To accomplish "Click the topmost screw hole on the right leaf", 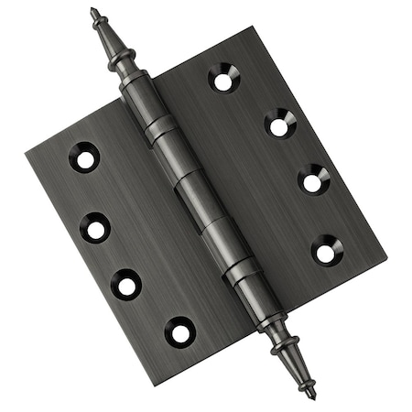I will tap(223, 77).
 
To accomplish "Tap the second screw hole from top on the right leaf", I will tap(279, 124).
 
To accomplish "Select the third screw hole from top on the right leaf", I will tap(314, 179).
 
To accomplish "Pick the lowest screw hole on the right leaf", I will tap(326, 250).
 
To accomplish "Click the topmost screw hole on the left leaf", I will tap(84, 157).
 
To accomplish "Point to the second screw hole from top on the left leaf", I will tap(95, 227).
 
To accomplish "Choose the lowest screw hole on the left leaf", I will tap(180, 331).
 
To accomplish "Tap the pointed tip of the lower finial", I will tap(312, 396).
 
